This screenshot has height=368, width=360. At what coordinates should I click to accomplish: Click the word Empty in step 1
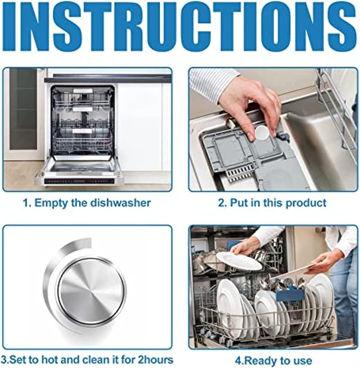[x=49, y=203]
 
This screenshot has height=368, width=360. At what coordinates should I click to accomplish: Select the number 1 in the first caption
[x=26, y=203]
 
